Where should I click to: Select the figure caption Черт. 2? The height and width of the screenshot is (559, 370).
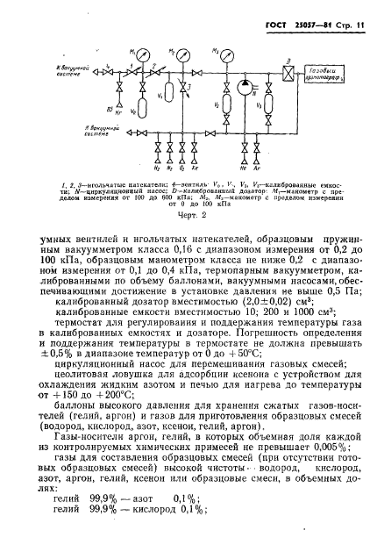pos(184,211)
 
